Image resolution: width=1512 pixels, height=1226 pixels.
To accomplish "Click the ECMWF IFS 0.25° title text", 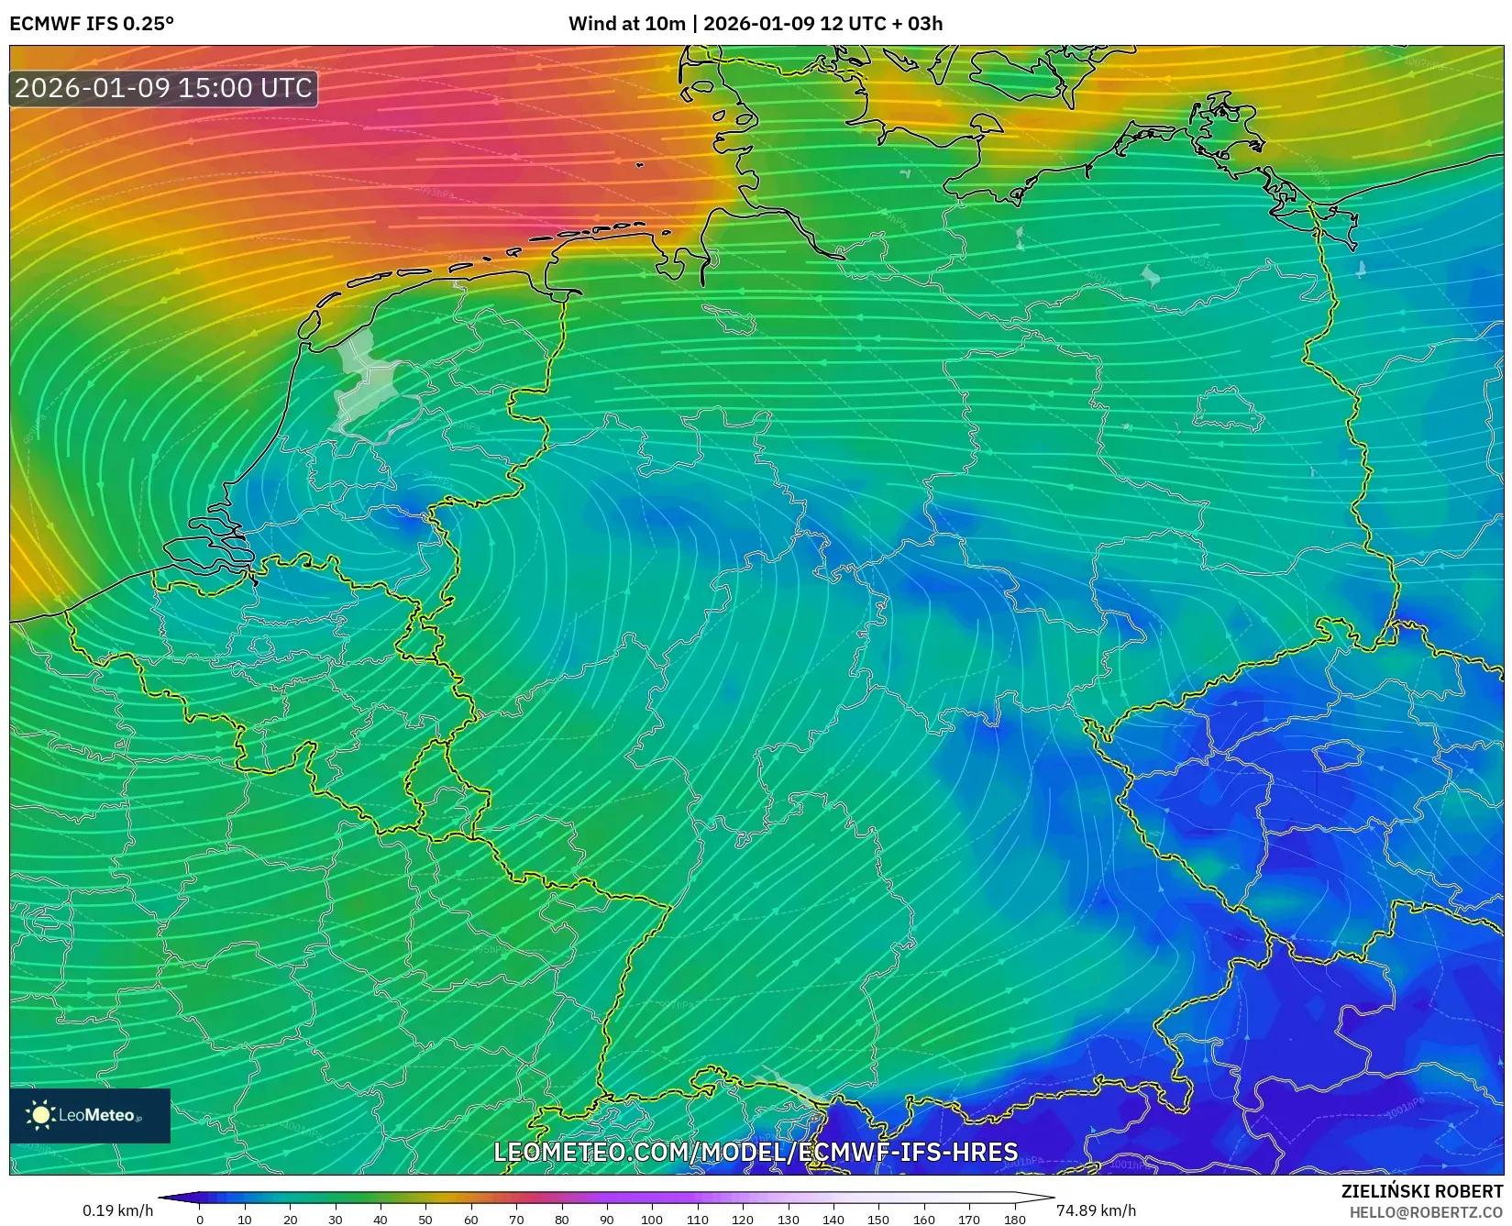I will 92,24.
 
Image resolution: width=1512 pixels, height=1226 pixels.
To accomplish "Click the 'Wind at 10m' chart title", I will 755,24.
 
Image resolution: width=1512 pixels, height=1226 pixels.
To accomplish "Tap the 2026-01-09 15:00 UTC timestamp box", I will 163,88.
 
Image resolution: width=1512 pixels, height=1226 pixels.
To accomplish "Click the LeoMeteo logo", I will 90,1115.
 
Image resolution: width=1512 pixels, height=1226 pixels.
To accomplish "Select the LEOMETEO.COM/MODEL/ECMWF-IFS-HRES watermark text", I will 756,1152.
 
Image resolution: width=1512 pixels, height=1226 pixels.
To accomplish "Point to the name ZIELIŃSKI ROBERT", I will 1422,1192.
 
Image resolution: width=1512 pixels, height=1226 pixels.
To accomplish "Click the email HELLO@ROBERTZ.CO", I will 1426,1211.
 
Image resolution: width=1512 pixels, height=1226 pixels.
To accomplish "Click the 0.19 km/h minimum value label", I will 117,1210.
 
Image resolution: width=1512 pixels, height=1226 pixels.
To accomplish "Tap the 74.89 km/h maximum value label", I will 1096,1210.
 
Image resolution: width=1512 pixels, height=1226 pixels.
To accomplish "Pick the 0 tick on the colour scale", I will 200,1219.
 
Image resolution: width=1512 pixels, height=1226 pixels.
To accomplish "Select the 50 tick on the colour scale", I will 425,1219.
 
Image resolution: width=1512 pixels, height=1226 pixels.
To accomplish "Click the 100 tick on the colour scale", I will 652,1219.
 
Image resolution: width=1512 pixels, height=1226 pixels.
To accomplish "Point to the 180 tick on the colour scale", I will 1014,1219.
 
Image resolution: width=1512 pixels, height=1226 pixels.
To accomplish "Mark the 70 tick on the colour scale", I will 516,1219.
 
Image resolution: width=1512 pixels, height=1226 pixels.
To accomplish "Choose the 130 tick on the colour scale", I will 788,1219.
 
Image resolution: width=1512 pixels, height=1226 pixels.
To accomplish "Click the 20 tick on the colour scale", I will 290,1219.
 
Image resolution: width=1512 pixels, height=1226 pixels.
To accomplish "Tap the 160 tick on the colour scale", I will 923,1219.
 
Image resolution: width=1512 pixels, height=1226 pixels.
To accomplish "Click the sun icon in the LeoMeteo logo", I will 40,1115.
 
